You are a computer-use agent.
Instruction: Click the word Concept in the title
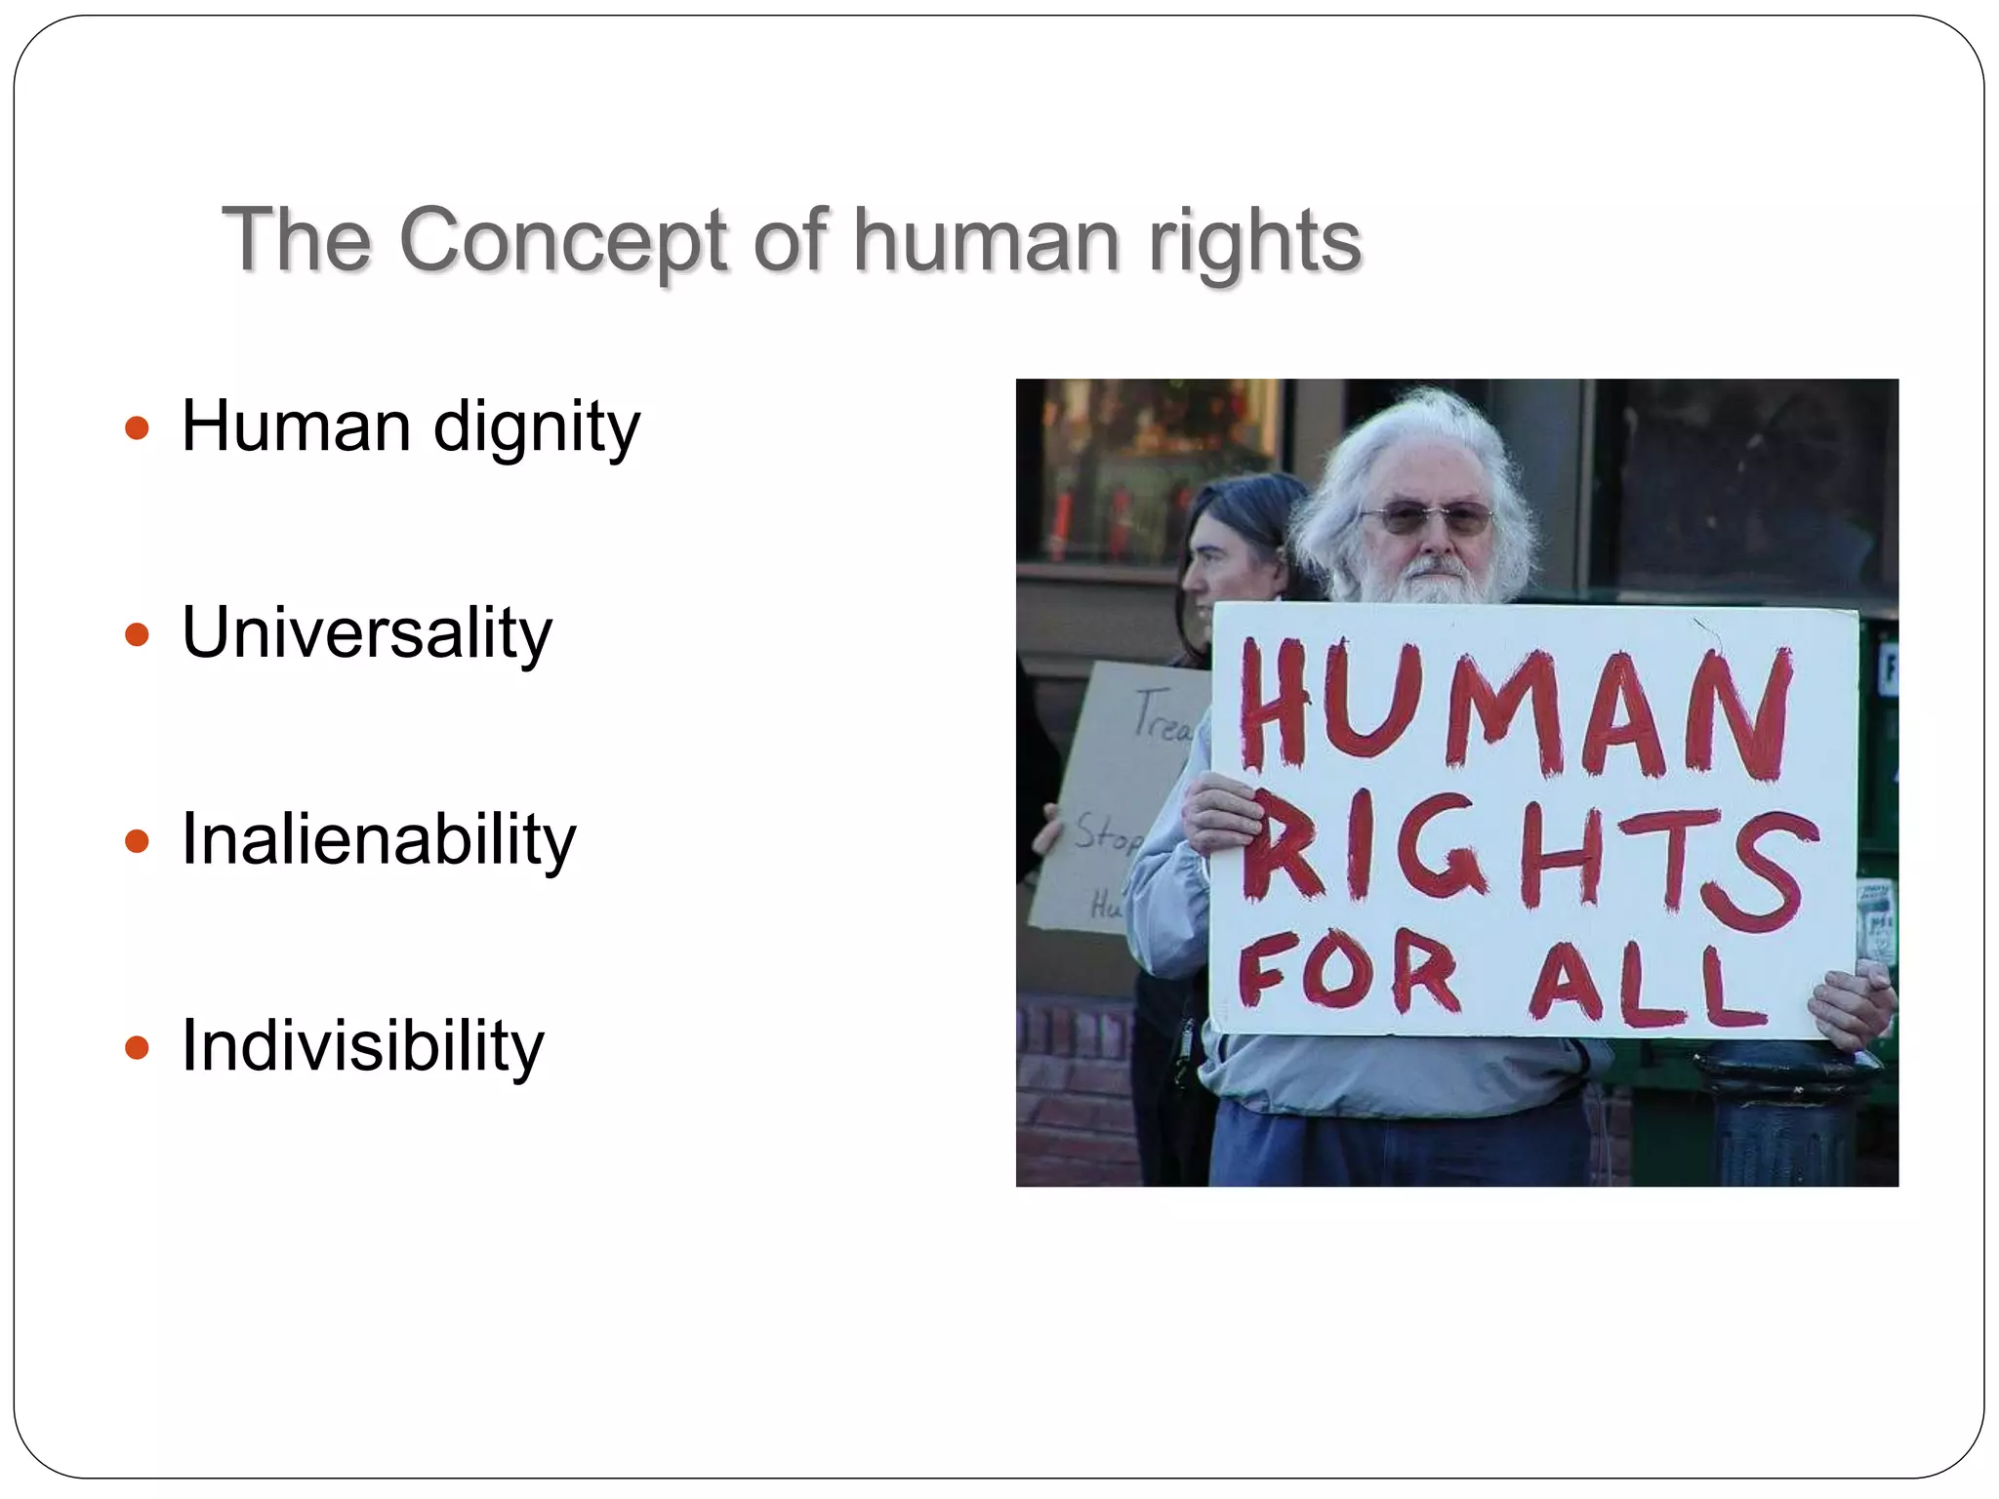point(563,240)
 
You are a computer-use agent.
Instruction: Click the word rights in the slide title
point(1254,240)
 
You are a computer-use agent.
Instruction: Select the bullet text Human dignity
point(410,427)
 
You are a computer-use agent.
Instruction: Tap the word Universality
point(367,634)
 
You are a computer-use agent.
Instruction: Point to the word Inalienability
point(379,840)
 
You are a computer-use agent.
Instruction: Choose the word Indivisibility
point(362,1046)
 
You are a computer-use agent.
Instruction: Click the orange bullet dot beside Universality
point(138,635)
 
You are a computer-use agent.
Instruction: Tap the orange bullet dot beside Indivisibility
point(138,1048)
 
